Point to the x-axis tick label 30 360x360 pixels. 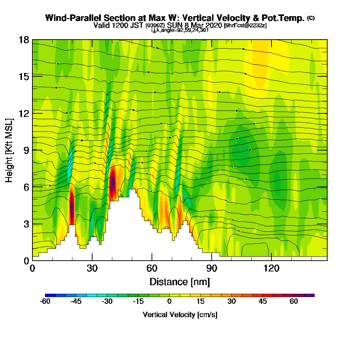92,269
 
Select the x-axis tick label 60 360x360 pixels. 152,269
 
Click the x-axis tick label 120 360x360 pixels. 271,269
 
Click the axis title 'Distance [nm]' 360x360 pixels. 180,282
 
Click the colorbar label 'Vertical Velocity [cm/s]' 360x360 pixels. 180,315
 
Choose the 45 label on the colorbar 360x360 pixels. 263,302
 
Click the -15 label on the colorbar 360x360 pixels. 138,302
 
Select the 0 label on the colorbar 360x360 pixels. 169,302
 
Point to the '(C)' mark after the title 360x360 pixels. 311,18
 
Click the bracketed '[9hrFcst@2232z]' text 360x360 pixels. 245,26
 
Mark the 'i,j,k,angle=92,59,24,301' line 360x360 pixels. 180,30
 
